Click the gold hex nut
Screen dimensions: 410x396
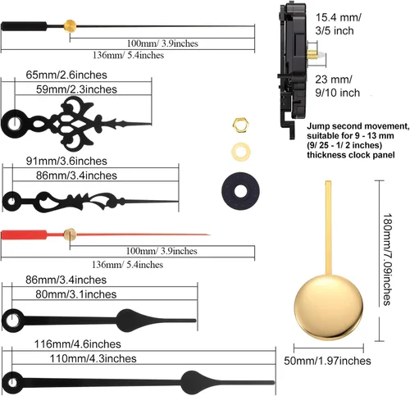(x=240, y=125)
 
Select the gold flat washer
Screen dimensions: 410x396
(x=241, y=152)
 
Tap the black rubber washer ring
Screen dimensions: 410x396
(x=240, y=191)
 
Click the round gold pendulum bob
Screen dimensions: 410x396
(x=329, y=307)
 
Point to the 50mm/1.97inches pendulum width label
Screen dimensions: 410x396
(x=327, y=361)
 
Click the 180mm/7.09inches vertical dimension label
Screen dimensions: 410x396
(x=388, y=259)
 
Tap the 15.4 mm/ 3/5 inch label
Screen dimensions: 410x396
(x=338, y=24)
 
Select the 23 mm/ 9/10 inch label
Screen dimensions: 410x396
(x=337, y=86)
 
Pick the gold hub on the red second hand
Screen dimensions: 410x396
(x=70, y=234)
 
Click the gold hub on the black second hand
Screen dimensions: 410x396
(x=70, y=26)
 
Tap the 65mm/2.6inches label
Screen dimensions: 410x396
(x=66, y=75)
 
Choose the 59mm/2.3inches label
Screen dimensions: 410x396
(x=76, y=89)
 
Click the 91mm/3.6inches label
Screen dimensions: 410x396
(x=66, y=161)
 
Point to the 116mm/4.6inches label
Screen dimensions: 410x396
(x=78, y=344)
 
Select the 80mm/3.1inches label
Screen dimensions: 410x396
(x=76, y=294)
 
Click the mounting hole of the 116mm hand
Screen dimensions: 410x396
(x=12, y=383)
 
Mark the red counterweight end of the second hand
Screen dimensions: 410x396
(x=24, y=235)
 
